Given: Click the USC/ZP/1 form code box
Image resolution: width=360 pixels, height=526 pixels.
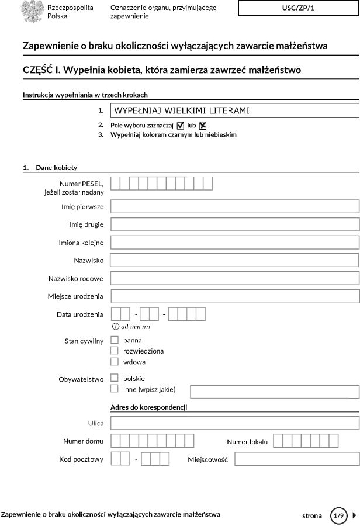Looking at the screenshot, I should click(298, 8).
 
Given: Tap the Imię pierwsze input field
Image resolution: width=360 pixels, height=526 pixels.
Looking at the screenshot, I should click(234, 206).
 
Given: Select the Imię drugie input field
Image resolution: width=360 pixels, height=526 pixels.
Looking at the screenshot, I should click(234, 224).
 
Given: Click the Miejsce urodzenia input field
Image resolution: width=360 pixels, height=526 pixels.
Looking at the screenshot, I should click(234, 296).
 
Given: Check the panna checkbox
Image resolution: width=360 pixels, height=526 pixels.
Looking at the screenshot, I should click(115, 340).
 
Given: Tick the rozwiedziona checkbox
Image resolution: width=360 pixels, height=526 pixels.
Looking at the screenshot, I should click(115, 351).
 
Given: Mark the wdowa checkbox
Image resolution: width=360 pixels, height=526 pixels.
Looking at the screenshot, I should click(115, 361).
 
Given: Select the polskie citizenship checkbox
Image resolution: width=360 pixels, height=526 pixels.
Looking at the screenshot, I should click(115, 378).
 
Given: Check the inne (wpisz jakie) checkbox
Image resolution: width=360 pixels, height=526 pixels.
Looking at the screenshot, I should click(115, 389).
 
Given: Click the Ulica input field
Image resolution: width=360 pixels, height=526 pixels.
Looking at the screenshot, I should click(234, 423).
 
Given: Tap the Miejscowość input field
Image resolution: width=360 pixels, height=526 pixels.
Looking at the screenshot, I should click(296, 459).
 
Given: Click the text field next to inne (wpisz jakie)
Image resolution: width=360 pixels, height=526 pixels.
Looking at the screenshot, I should click(274, 392).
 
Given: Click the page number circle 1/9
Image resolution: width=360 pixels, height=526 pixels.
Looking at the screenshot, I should click(338, 515).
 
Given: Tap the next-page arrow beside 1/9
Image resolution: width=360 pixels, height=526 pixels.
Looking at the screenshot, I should click(354, 515).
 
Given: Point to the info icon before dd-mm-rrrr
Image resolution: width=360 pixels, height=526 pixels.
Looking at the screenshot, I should click(116, 326).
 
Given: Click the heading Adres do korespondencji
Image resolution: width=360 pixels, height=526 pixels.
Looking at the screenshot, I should click(152, 407).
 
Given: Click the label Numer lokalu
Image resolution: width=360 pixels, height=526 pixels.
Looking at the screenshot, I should click(247, 442).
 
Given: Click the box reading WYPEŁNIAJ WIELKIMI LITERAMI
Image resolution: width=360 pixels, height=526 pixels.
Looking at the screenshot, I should click(234, 110).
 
